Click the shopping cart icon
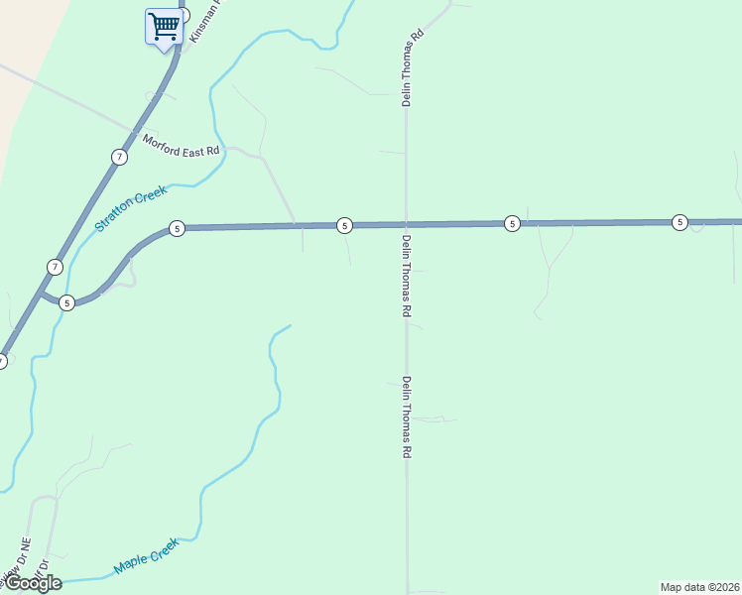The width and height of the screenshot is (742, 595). [x=163, y=26]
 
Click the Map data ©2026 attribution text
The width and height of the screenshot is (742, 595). [x=699, y=586]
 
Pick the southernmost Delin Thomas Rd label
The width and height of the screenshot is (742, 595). [x=407, y=416]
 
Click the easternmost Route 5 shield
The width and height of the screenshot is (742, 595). [x=680, y=222]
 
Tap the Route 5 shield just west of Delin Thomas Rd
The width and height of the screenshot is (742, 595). [x=344, y=225]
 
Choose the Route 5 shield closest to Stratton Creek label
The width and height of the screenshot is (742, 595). [x=177, y=229]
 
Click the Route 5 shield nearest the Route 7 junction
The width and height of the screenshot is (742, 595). [x=66, y=302]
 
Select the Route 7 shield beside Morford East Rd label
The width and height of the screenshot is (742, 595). [x=119, y=157]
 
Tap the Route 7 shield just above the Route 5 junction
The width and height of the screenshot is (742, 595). [x=56, y=267]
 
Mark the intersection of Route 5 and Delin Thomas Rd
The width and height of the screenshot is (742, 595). [x=406, y=225]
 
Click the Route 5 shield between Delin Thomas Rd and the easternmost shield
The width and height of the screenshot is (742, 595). [x=512, y=223]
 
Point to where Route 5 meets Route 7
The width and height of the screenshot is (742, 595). [x=40, y=295]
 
